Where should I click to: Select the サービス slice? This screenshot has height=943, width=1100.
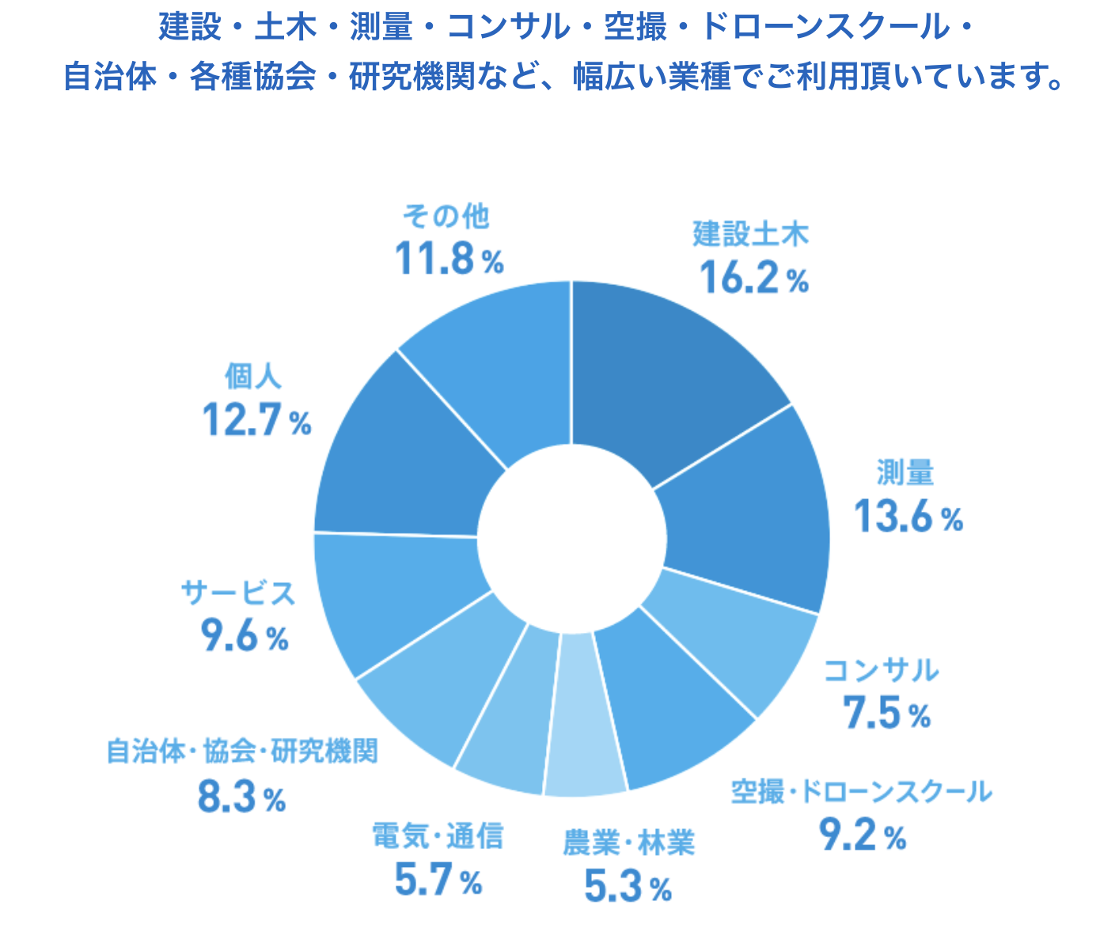(396, 593)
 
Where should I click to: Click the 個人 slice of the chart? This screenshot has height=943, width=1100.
(404, 459)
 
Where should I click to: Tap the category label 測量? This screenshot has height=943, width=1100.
(905, 473)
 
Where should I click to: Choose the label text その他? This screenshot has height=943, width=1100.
(446, 215)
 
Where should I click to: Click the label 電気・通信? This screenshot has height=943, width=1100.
(438, 835)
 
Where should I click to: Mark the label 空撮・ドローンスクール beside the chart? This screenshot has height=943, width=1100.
(860, 791)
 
